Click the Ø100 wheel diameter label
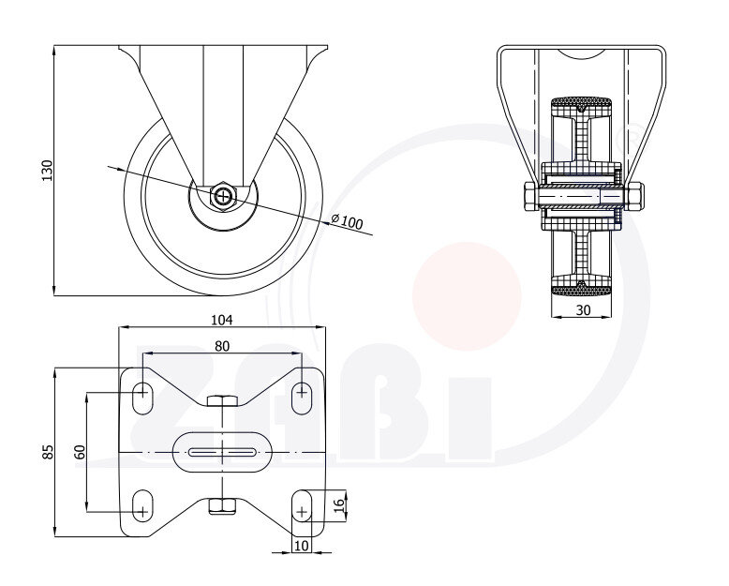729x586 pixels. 346,222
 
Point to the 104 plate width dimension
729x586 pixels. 222,320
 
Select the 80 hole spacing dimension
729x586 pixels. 222,346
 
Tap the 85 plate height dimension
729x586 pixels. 48,453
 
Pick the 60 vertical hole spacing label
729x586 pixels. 80,452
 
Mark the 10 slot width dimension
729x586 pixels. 301,545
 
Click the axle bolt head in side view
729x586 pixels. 224,196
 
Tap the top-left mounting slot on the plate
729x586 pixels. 143,397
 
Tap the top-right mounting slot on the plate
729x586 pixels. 302,397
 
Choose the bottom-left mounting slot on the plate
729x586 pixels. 143,505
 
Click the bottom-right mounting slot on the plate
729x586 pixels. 302,505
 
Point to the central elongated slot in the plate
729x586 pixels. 223,452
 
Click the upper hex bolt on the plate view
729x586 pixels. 222,402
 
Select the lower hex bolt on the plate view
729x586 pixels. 222,506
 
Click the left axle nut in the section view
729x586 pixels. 529,195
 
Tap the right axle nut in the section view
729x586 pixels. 634,195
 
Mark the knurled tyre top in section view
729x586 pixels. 581,101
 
